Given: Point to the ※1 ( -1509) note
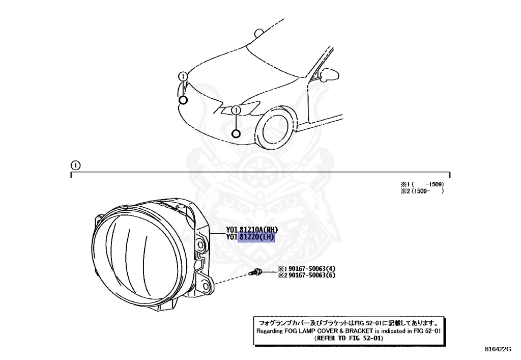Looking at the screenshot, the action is tap(422, 184).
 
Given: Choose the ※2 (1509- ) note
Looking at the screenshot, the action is tap(422, 191).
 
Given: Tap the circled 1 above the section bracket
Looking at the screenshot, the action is tap(75, 165).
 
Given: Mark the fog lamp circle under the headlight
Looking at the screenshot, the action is tap(235, 134).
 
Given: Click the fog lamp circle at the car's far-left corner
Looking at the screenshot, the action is tap(183, 100).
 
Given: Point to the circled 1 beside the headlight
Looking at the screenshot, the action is tap(235, 110).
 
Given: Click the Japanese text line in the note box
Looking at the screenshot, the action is tap(348, 322).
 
